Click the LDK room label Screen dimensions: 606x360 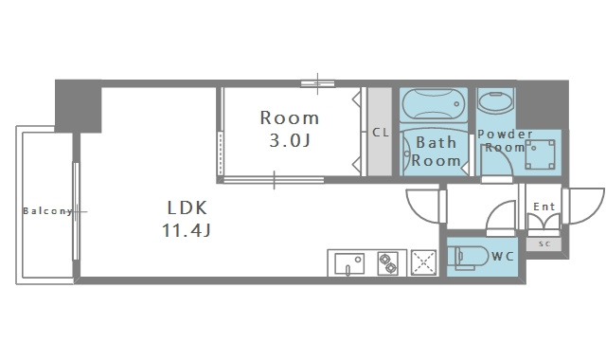click(x=187, y=208)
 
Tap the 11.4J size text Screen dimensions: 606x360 click(x=187, y=231)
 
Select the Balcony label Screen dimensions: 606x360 click(x=48, y=211)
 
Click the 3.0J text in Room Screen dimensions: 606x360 click(x=290, y=140)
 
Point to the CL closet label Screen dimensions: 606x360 click(x=381, y=133)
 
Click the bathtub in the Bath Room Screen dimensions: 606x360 click(x=434, y=103)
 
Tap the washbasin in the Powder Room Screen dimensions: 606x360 click(x=496, y=101)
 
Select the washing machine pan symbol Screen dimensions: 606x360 click(x=541, y=154)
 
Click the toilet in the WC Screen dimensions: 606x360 click(x=468, y=257)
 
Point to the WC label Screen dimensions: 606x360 click(x=503, y=256)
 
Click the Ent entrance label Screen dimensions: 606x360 click(x=544, y=207)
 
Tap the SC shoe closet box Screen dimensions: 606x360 click(x=544, y=244)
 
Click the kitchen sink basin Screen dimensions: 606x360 click(x=349, y=263)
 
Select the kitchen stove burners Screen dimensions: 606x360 click(x=387, y=263)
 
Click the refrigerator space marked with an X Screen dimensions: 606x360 click(x=423, y=263)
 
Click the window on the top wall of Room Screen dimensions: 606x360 click(x=318, y=83)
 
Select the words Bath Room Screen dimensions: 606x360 click(x=436, y=152)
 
